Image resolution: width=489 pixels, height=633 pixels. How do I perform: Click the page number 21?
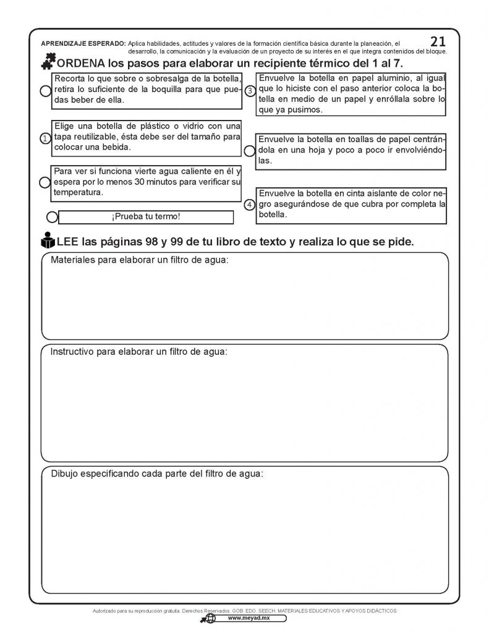click(x=438, y=41)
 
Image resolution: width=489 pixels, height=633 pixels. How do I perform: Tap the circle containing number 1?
click(x=45, y=138)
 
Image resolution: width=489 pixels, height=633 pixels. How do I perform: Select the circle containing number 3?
click(x=250, y=91)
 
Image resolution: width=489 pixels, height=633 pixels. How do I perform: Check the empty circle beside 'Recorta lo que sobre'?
click(x=45, y=91)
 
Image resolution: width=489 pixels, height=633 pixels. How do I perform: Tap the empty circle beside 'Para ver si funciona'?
click(x=45, y=182)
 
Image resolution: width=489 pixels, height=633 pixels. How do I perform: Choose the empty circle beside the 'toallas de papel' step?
click(x=249, y=150)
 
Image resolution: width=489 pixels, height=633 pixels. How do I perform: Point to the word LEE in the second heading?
click(x=68, y=241)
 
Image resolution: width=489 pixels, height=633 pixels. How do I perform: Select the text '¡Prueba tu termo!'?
click(x=146, y=217)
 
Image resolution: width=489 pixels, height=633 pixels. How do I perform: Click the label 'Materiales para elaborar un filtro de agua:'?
click(x=139, y=260)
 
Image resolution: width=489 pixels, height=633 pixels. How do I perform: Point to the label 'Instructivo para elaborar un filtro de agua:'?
click(x=138, y=352)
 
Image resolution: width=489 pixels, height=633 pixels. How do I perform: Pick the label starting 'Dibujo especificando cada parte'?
click(x=157, y=474)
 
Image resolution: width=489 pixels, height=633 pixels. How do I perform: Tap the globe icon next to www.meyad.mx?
click(x=210, y=618)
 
